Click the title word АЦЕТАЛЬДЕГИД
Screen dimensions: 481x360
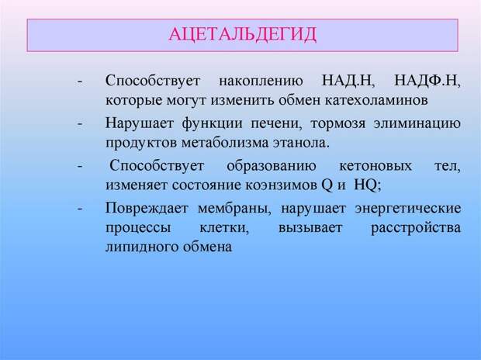pyautogui.click(x=242, y=35)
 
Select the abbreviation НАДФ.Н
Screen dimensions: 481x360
pyautogui.click(x=427, y=81)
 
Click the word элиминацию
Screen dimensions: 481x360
pyautogui.click(x=417, y=124)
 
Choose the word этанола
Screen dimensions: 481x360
pyautogui.click(x=301, y=143)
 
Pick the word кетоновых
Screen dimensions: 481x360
pyautogui.click(x=375, y=166)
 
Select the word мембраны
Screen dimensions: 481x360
pyautogui.click(x=234, y=209)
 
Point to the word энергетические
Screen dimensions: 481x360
pyautogui.click(x=408, y=209)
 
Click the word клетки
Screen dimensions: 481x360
pyautogui.click(x=224, y=228)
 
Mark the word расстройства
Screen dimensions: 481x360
pyautogui.click(x=416, y=228)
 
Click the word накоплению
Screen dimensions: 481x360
pyautogui.click(x=261, y=81)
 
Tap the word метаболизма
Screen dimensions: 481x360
pyautogui.click(x=225, y=143)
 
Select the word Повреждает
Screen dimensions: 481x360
pyautogui.click(x=147, y=209)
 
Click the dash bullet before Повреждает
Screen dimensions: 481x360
pyautogui.click(x=81, y=209)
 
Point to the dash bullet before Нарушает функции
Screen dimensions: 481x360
pyautogui.click(x=81, y=124)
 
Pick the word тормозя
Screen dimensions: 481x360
pyautogui.click(x=338, y=124)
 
